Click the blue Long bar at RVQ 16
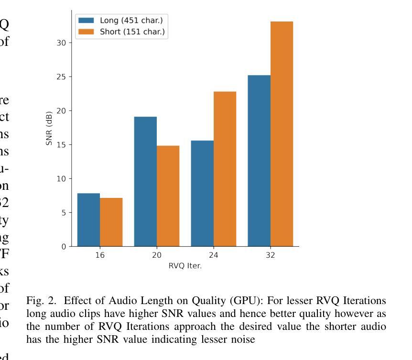pyautogui.click(x=88, y=220)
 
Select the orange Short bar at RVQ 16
pyautogui.click(x=111, y=222)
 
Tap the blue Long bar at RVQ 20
pyautogui.click(x=145, y=182)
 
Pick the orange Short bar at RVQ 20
pyautogui.click(x=168, y=196)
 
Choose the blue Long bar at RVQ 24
pyautogui.click(x=202, y=194)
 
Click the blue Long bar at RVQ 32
pyautogui.click(x=259, y=161)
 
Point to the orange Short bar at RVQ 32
pyautogui.click(x=282, y=134)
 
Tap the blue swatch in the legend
pyautogui.click(x=86, y=20)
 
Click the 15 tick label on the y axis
pyautogui.click(x=62, y=144)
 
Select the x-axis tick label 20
pyautogui.click(x=156, y=255)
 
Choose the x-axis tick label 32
pyautogui.click(x=270, y=255)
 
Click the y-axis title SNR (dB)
pyautogui.click(x=50, y=129)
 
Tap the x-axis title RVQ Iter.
pyautogui.click(x=185, y=266)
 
